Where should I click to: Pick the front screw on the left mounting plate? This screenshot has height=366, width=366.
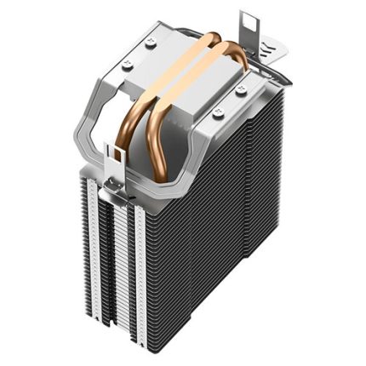tap(128, 63)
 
